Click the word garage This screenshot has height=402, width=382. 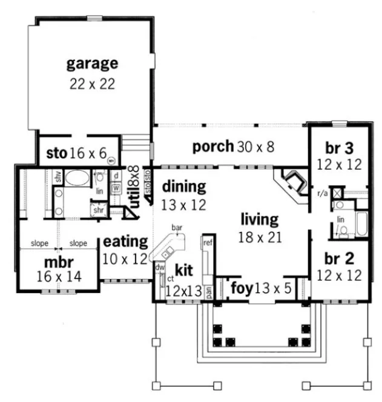click(92, 63)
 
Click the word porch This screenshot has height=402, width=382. click(212, 146)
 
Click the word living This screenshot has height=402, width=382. click(259, 219)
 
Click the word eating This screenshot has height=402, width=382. click(126, 242)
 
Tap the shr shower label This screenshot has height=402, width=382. click(97, 210)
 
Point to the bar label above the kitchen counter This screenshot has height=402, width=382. click(177, 228)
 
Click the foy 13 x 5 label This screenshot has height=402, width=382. click(262, 289)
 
